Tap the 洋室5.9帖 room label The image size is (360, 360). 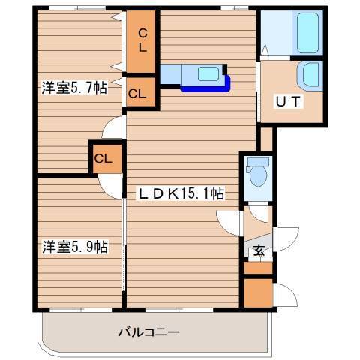73,246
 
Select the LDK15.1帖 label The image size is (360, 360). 181,193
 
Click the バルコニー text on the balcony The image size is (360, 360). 148,331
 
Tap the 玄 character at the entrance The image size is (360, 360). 258,250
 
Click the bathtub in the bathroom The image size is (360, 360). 308,32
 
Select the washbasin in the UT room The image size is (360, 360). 308,74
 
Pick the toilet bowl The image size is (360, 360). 258,174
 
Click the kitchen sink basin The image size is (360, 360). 207,73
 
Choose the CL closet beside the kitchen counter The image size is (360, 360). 136,94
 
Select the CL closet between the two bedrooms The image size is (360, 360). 103,158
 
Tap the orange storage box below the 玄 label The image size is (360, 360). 257,292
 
